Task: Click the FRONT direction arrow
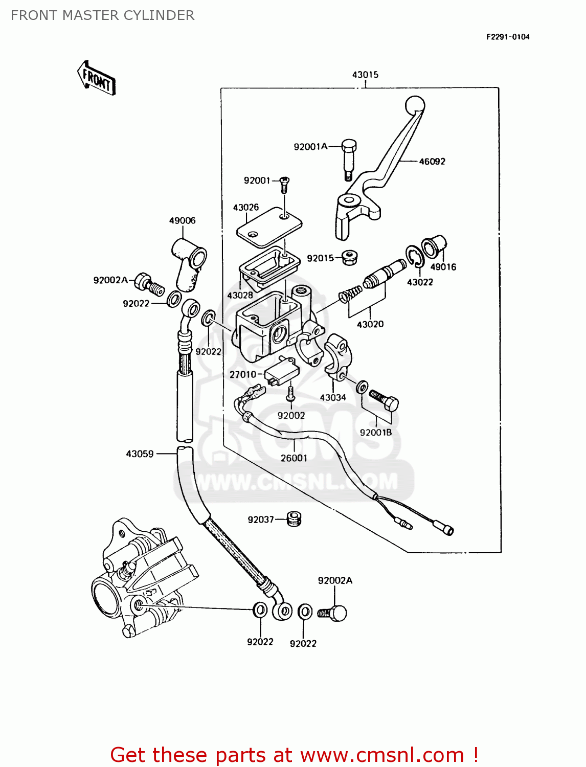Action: (97, 78)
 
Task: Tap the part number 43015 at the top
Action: (365, 75)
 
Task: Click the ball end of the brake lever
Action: (415, 105)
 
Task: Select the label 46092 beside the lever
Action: (432, 162)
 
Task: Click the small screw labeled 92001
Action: (284, 184)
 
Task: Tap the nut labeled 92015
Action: (349, 258)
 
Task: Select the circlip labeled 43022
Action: (414, 256)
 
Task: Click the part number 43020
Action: (370, 324)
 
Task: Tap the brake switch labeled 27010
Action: (281, 372)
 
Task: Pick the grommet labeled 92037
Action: (294, 519)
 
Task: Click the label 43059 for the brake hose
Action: (140, 454)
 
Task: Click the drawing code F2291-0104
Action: (507, 37)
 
